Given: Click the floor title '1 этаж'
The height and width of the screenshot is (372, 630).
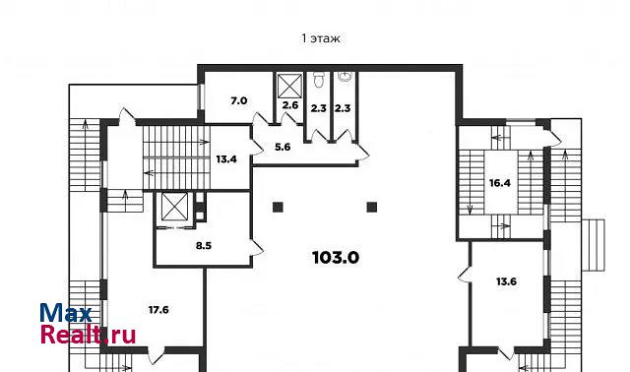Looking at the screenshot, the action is (321, 38).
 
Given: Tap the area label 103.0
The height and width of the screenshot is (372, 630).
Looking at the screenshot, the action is (336, 257).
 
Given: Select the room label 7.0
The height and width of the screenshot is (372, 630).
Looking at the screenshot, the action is (238, 100).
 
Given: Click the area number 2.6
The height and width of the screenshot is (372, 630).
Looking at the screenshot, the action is (290, 105).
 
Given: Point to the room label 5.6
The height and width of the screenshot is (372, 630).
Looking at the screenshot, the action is (283, 147).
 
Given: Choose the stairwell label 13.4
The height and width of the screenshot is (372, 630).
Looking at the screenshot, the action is (226, 159).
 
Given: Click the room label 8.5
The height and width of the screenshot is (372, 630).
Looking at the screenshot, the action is (204, 245).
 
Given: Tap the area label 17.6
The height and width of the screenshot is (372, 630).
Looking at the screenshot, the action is (158, 310).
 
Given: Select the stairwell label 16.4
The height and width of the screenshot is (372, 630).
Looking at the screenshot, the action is (500, 183).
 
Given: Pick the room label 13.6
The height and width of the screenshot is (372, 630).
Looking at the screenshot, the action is (506, 281).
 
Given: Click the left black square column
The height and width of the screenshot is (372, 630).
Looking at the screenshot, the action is (278, 208).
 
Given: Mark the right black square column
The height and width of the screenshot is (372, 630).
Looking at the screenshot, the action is (372, 207).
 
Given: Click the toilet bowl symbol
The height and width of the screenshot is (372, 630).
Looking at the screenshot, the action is (319, 80).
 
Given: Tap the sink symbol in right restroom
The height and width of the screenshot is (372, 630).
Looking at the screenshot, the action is (345, 77).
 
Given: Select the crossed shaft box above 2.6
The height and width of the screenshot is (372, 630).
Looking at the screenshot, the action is (289, 86).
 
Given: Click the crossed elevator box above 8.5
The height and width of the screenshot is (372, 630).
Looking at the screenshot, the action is (174, 207).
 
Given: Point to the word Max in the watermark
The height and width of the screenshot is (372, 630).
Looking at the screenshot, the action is (66, 313).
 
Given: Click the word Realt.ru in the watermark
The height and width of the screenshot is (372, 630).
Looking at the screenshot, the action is (89, 335).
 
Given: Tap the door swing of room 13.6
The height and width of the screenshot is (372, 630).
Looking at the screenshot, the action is (465, 274).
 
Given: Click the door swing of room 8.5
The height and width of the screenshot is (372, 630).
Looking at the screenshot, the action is (257, 247).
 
